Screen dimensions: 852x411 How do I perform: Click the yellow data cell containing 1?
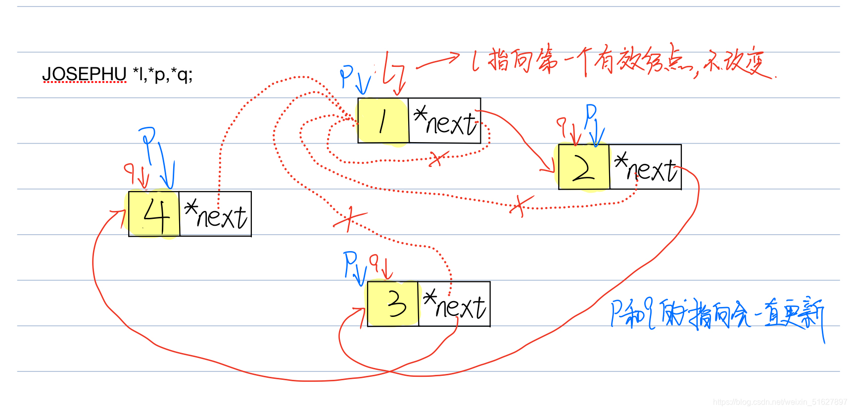[x=383, y=121]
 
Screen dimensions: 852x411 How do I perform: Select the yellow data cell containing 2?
[x=584, y=167]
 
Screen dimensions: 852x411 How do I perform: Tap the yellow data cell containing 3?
[x=393, y=304]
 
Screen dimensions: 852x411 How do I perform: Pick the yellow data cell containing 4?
[x=154, y=214]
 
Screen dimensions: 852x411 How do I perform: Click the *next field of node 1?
[x=445, y=121]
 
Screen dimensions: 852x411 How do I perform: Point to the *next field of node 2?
[x=645, y=167]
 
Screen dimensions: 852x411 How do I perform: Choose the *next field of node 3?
[x=454, y=304]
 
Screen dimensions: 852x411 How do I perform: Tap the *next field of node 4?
[x=215, y=214]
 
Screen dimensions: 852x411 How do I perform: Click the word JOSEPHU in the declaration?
[x=84, y=74]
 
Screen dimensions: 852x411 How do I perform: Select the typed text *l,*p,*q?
[x=162, y=74]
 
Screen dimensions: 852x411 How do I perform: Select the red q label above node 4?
[x=130, y=170]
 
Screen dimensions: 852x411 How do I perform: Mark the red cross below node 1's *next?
[x=437, y=158]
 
